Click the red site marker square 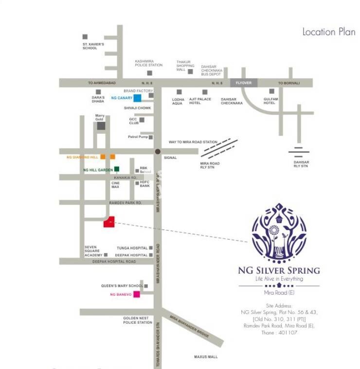click(x=109, y=222)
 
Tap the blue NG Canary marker click(x=138, y=98)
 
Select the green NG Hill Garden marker click(x=117, y=169)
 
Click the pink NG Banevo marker click(x=137, y=294)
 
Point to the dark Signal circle click(x=157, y=152)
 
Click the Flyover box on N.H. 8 click(x=243, y=83)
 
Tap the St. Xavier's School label click(x=93, y=46)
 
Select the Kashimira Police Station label click(x=149, y=64)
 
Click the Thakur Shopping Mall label click(x=185, y=66)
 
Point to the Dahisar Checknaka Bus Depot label click(x=212, y=70)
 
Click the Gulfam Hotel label click(x=270, y=101)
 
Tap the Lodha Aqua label click(x=179, y=101)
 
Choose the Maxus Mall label click(x=206, y=357)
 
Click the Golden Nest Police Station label click(x=138, y=320)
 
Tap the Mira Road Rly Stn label click(x=210, y=165)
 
